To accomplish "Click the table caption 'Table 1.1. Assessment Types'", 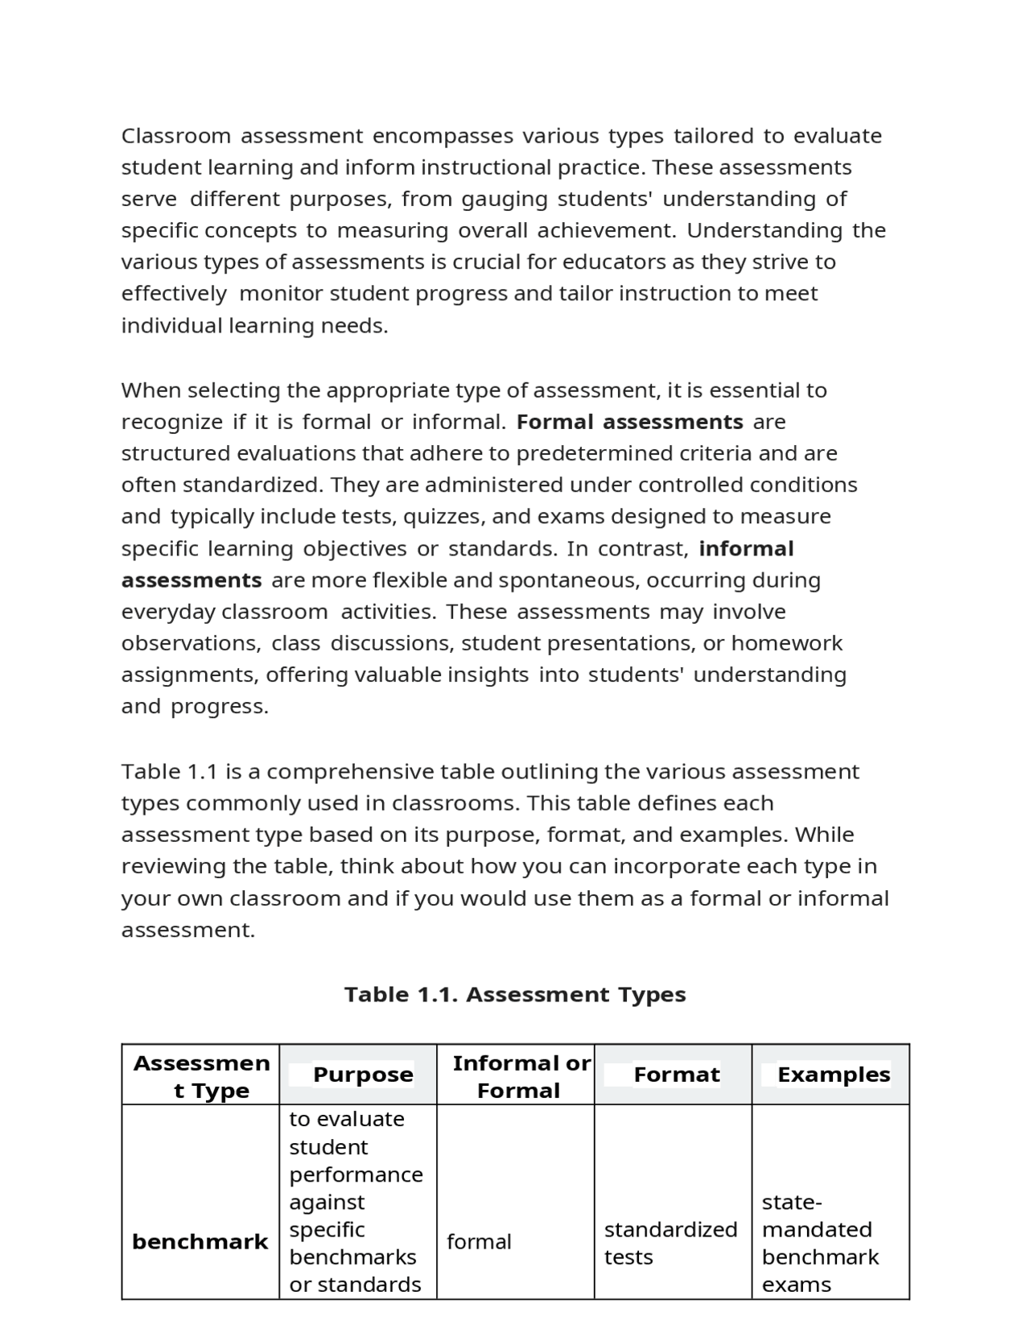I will pos(515,995).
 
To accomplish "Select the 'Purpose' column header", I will pos(363,1075).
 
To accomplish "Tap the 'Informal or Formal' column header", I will pos(521,1077).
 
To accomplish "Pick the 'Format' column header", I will pos(676,1075).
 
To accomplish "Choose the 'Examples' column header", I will pos(834,1075).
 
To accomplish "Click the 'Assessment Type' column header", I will pos(201,1077).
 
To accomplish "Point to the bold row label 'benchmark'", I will pos(200,1242).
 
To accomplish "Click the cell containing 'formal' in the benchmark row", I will pos(479,1242).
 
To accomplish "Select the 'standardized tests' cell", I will pos(670,1243).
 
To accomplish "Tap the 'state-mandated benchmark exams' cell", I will pos(820,1243).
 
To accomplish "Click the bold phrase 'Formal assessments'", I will pos(629,422).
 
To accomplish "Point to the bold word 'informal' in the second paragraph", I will pos(746,549).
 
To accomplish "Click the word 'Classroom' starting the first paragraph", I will pos(176,136).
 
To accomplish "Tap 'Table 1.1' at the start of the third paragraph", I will pos(170,772).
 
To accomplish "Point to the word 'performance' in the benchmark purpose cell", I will pos(356,1174).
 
